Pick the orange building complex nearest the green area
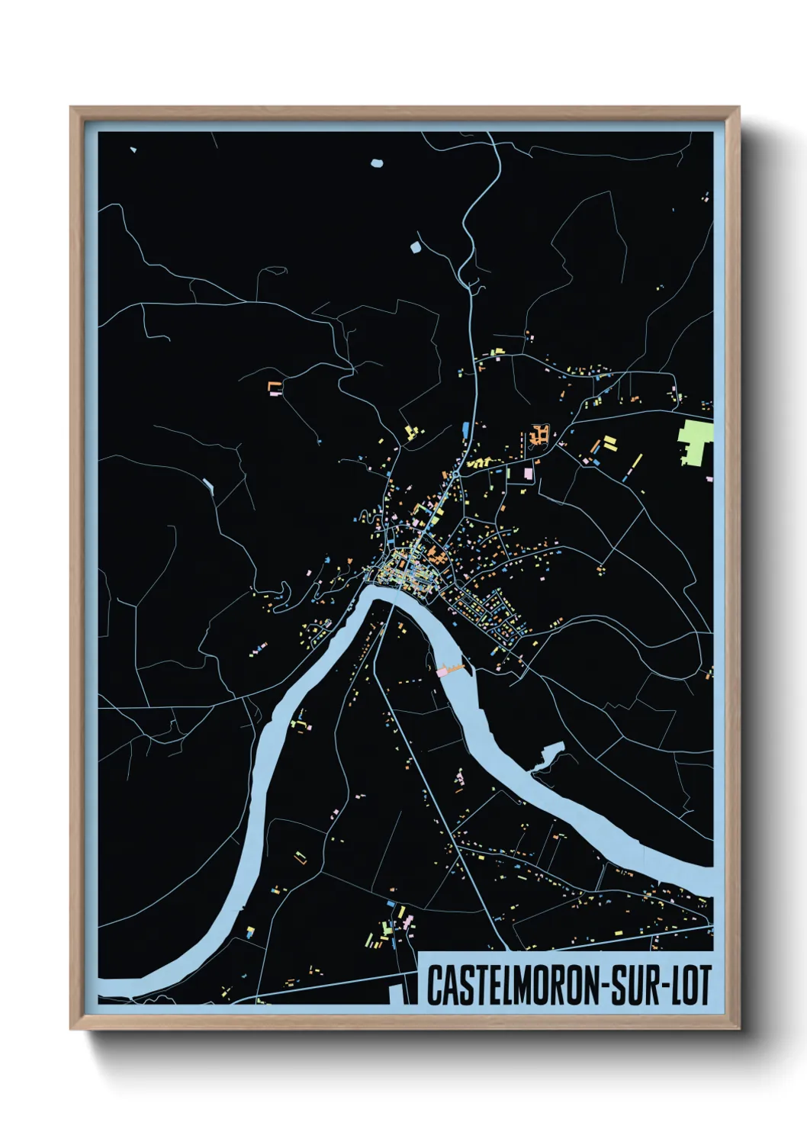click(x=539, y=436)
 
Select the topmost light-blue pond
click(x=376, y=162)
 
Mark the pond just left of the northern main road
click(x=416, y=247)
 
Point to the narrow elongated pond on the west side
click(x=208, y=484)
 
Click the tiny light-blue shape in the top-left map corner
click(x=133, y=150)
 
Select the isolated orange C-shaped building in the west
click(x=275, y=387)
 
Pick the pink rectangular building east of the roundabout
click(x=528, y=473)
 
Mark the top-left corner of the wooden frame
click(x=72, y=108)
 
